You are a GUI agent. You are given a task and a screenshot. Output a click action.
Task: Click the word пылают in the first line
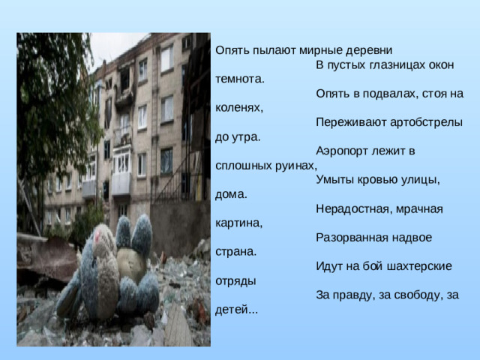click(x=274, y=51)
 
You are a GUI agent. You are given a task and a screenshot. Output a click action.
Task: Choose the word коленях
click(x=238, y=108)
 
